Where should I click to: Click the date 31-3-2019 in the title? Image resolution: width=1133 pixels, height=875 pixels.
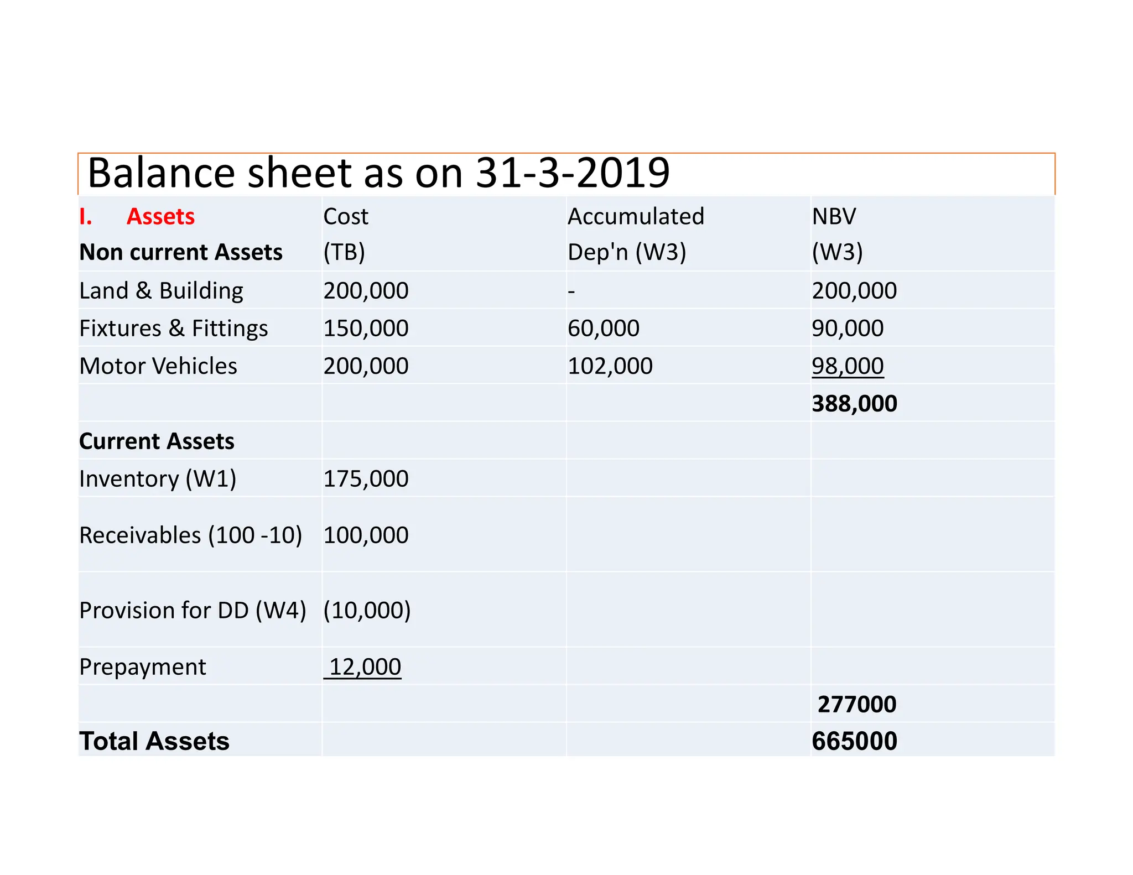click(x=573, y=173)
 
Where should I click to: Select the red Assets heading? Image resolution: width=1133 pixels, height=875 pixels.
click(x=160, y=216)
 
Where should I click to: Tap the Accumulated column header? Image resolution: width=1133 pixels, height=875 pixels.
click(x=636, y=216)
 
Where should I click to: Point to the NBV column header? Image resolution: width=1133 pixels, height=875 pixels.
click(x=834, y=216)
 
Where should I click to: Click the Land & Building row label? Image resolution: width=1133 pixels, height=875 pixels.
click(x=161, y=290)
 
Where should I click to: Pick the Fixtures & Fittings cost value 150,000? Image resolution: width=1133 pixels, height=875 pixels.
click(x=366, y=328)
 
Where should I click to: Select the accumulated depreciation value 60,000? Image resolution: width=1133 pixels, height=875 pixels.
click(x=603, y=328)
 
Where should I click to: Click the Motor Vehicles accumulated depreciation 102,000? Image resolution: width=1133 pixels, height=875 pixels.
click(x=610, y=366)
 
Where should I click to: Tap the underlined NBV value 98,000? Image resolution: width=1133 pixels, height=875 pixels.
click(x=848, y=366)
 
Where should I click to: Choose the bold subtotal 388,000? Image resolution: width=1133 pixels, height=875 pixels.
click(x=854, y=403)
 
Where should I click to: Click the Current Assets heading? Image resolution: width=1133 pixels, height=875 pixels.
click(x=157, y=441)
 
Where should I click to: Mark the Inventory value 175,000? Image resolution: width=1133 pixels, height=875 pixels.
click(x=366, y=478)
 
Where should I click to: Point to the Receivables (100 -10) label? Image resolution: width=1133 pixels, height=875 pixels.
click(x=190, y=535)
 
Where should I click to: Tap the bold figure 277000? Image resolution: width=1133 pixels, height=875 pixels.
click(x=856, y=704)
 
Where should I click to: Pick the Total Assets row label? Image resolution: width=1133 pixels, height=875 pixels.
click(x=154, y=741)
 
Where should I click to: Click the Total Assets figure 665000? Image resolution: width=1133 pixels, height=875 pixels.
click(x=854, y=741)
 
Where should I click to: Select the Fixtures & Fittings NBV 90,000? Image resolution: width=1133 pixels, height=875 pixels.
click(x=848, y=328)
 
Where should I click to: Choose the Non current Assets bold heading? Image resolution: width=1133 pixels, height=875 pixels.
click(x=181, y=252)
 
